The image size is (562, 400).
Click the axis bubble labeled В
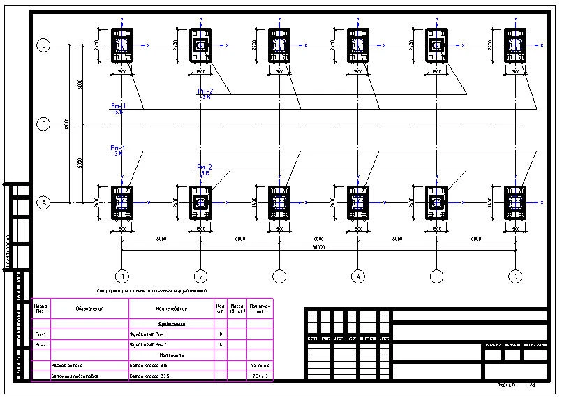click(x=43, y=45)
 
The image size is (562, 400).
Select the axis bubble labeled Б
click(x=43, y=124)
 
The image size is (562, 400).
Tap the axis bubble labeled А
click(x=43, y=203)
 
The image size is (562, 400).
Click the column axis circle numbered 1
click(x=121, y=276)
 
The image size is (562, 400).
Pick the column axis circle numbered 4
click(x=358, y=276)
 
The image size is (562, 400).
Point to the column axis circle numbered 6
click(x=516, y=276)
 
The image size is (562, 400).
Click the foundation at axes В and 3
click(x=279, y=45)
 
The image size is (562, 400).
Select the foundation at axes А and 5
click(x=437, y=203)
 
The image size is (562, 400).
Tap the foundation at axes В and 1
click(x=121, y=45)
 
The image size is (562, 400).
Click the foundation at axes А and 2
click(x=200, y=203)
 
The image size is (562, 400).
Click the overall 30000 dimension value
click(x=318, y=246)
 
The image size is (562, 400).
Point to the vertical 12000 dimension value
click(x=67, y=124)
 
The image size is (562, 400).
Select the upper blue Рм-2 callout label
click(x=205, y=91)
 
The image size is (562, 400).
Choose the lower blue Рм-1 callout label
click(x=117, y=149)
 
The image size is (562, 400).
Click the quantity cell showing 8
click(x=221, y=334)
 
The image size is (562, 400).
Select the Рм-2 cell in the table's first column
click(x=40, y=345)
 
